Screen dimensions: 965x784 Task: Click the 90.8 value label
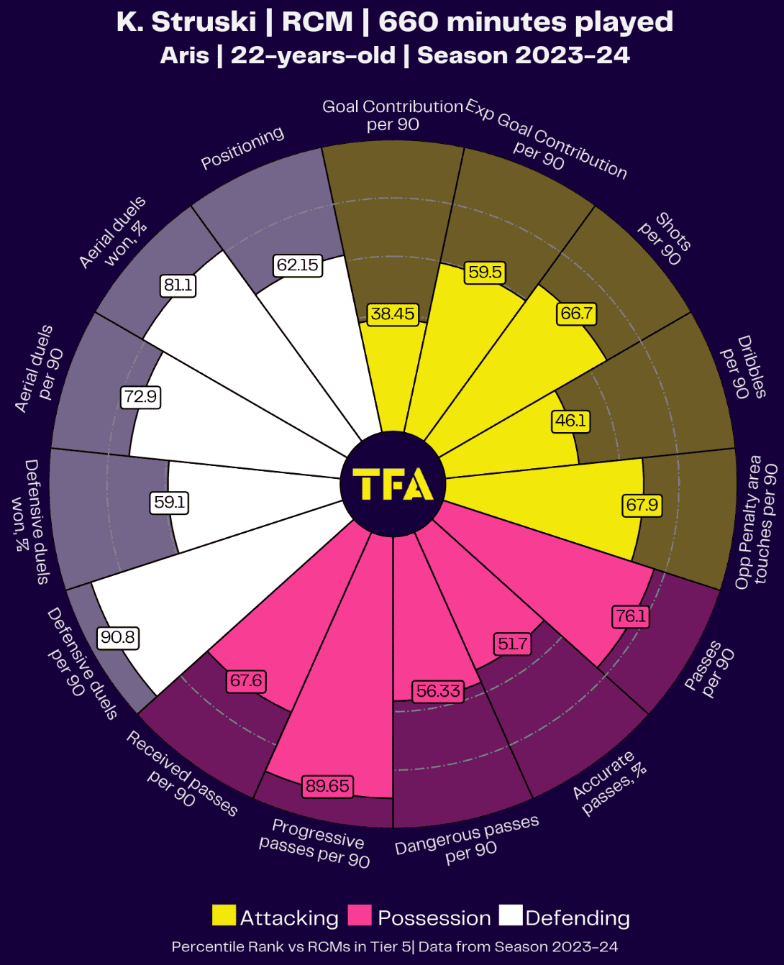click(x=118, y=638)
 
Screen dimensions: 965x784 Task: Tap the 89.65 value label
click(x=327, y=786)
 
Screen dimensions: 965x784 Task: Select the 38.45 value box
click(x=393, y=314)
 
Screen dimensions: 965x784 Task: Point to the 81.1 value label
click(x=178, y=285)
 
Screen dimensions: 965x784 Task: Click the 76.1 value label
click(x=631, y=616)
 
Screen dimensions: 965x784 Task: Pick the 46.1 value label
click(x=570, y=421)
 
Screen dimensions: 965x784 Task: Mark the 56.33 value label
click(x=438, y=692)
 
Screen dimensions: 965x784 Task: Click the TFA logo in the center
click(x=393, y=485)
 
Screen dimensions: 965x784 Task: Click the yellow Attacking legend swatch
click(x=224, y=915)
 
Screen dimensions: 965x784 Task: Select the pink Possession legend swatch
click(x=360, y=915)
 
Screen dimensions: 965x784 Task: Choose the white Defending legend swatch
click(x=511, y=915)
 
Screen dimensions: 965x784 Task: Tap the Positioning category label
click(x=242, y=148)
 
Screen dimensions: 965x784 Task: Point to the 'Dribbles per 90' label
click(x=744, y=367)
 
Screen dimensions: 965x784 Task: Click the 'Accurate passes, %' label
click(x=609, y=783)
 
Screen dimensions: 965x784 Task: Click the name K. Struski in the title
click(x=186, y=22)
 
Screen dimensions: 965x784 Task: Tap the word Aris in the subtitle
click(x=184, y=55)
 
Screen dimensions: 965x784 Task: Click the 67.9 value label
click(x=642, y=505)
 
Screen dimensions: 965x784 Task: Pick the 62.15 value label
click(x=298, y=265)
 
